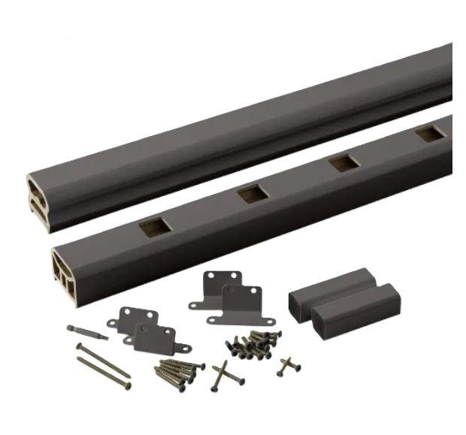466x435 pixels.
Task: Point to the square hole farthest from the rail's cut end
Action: pos(430,133)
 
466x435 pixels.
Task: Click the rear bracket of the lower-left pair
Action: pos(132,320)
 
